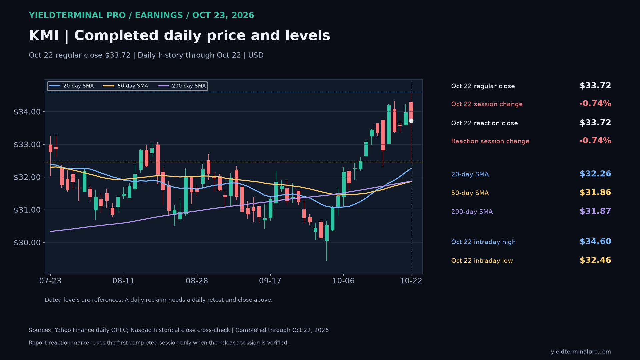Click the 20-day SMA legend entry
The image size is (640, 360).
pos(71,86)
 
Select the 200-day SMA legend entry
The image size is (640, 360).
pos(182,86)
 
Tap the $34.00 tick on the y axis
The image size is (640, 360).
pos(27,112)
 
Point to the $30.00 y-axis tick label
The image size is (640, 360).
pos(27,243)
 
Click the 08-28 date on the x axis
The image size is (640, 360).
pos(197,281)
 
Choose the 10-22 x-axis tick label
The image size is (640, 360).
pos(411,281)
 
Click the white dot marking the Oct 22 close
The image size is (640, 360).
pos(411,121)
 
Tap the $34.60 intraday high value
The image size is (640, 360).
pos(595,241)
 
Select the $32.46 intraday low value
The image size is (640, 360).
pos(595,260)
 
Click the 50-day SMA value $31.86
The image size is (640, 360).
pos(595,192)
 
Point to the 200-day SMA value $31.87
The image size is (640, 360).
pos(595,211)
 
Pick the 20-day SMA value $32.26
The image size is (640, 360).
pos(595,174)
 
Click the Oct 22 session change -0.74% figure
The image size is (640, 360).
pos(595,104)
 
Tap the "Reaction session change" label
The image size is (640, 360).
pos(490,141)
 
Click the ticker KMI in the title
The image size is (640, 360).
pos(44,36)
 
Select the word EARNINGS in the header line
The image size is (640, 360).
pos(159,15)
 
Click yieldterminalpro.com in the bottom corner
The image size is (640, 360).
pos(581,352)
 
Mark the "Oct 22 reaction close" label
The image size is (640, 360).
pos(484,123)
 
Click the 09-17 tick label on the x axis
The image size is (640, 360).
pos(270,281)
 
